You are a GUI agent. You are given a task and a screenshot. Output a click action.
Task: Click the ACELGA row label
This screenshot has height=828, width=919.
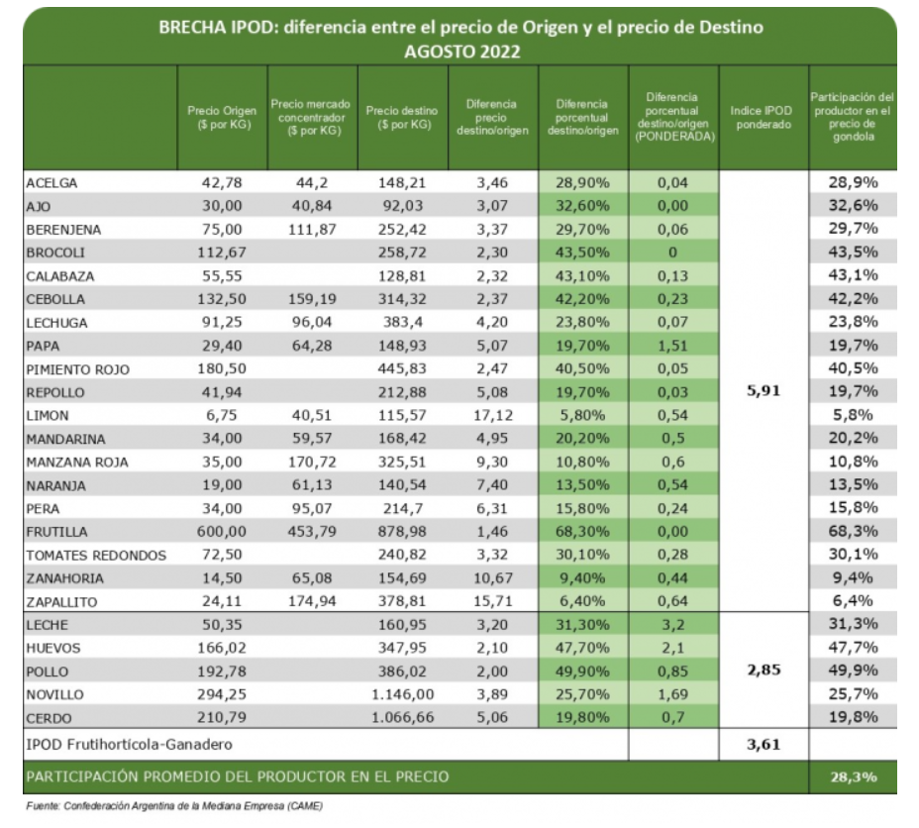pyautogui.click(x=51, y=183)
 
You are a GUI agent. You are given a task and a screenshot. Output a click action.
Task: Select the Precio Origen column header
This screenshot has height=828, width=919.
pyautogui.click(x=222, y=118)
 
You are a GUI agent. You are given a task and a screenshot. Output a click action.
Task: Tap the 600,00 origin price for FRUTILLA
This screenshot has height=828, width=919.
pyautogui.click(x=222, y=532)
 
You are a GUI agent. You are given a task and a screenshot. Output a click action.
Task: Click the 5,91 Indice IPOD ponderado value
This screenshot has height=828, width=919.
pyautogui.click(x=764, y=391)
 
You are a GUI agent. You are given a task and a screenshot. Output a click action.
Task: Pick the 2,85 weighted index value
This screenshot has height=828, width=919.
pyautogui.click(x=764, y=671)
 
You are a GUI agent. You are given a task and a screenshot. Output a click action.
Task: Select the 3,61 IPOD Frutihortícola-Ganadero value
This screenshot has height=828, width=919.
pyautogui.click(x=764, y=742)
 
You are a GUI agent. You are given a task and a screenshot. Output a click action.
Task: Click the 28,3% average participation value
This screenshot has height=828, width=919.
pyautogui.click(x=853, y=776)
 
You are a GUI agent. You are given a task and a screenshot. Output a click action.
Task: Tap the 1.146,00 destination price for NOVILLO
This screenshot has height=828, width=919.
pyautogui.click(x=402, y=694)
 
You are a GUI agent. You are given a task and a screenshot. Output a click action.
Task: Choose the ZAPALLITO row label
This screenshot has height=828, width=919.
pyautogui.click(x=63, y=601)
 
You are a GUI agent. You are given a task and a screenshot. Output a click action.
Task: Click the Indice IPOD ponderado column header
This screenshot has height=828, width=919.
pyautogui.click(x=762, y=118)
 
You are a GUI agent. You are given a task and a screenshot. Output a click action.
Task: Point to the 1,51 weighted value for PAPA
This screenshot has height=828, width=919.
pyautogui.click(x=672, y=346)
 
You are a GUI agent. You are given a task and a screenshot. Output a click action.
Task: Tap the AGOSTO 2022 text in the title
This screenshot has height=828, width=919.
pyautogui.click(x=461, y=51)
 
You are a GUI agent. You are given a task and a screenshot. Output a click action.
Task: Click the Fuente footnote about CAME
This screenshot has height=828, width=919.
pyautogui.click(x=173, y=806)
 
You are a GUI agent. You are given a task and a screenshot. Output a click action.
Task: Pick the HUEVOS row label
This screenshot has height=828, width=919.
pyautogui.click(x=54, y=648)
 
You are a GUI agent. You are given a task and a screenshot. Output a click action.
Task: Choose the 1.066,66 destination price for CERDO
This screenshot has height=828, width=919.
pyautogui.click(x=402, y=718)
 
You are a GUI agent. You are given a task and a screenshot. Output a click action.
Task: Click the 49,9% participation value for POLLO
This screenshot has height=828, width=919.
pyautogui.click(x=853, y=672)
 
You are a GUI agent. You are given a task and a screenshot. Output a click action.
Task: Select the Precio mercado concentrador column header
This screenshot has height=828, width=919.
pyautogui.click(x=313, y=118)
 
